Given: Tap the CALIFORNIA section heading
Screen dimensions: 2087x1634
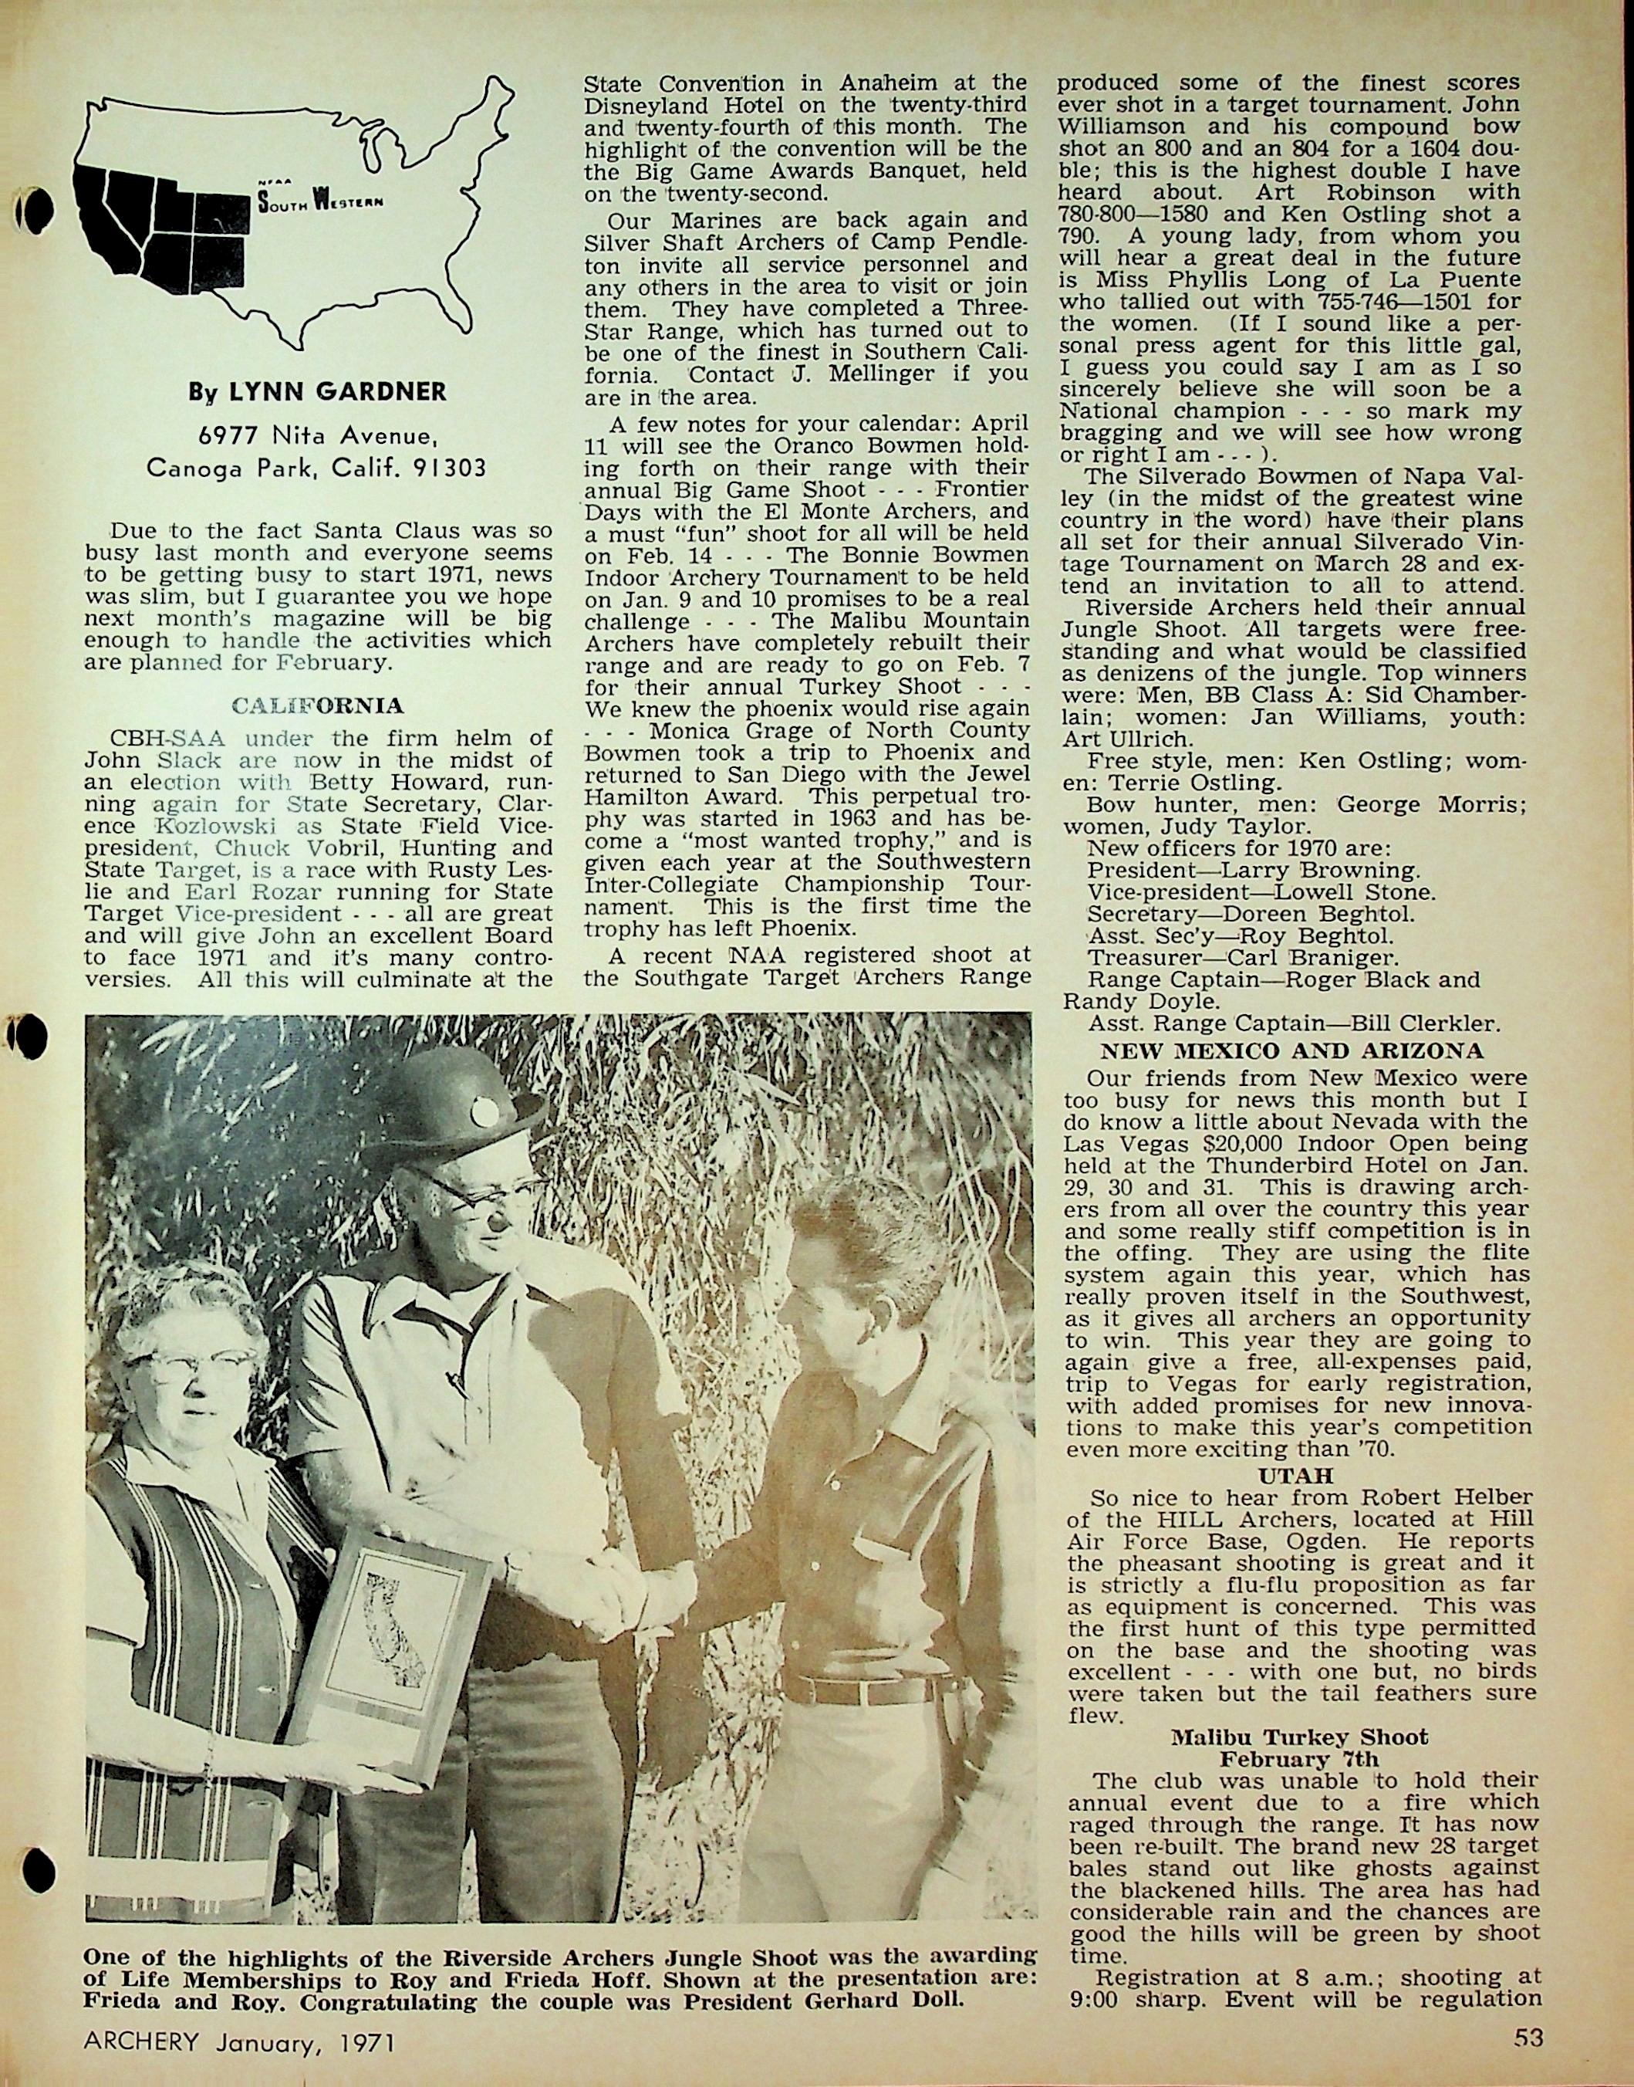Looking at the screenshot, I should click(318, 707).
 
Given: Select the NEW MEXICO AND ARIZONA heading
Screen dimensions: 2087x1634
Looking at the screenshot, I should click(1292, 1050).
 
